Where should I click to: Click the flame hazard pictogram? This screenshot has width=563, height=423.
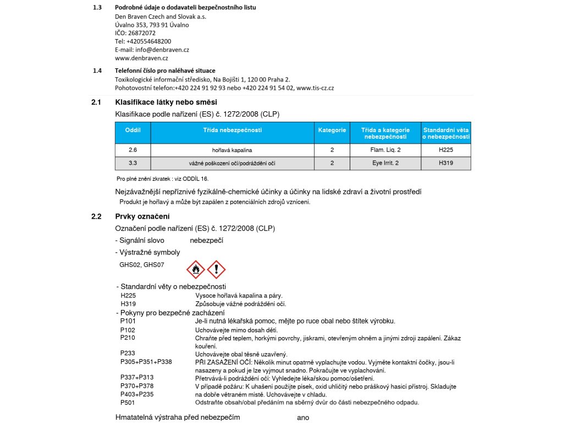[196, 269]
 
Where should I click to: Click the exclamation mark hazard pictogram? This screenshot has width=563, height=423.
[217, 269]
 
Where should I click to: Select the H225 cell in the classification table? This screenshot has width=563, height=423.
[446, 150]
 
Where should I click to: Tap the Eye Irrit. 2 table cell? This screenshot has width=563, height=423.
[385, 163]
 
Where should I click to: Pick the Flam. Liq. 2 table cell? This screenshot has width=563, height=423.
[385, 150]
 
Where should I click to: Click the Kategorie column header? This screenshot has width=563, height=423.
[332, 131]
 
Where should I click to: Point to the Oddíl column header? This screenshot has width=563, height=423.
[133, 131]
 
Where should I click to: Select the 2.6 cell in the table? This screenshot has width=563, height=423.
[133, 150]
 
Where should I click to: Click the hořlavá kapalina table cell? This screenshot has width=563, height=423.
[231, 150]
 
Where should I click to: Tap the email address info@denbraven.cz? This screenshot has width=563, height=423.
[162, 50]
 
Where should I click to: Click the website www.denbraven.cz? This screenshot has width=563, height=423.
[141, 58]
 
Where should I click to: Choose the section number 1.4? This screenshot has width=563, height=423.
[97, 70]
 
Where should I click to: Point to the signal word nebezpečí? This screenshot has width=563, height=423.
[206, 241]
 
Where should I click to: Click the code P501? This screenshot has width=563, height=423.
[128, 402]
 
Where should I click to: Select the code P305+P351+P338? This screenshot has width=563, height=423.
[146, 362]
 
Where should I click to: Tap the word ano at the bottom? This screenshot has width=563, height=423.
[303, 417]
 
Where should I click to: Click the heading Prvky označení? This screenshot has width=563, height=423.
[142, 216]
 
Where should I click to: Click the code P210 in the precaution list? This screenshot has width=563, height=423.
[128, 337]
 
